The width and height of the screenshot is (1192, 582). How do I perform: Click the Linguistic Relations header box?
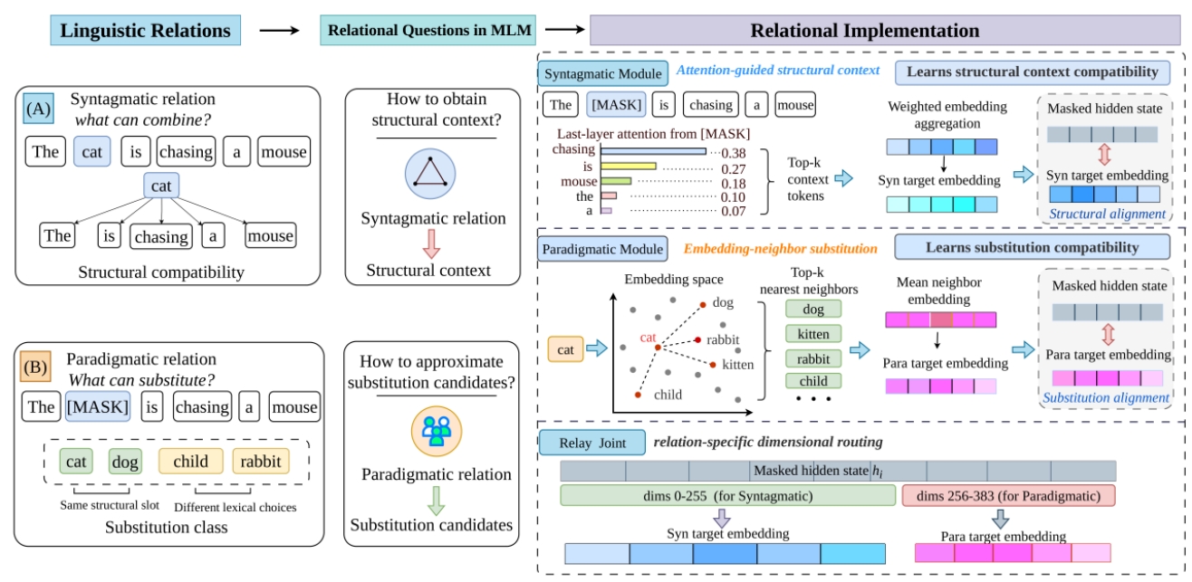click(x=145, y=31)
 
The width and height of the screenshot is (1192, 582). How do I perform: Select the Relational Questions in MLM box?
click(x=428, y=31)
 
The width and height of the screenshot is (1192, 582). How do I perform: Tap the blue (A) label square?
click(x=38, y=109)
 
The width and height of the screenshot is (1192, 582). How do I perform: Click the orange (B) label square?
click(x=35, y=367)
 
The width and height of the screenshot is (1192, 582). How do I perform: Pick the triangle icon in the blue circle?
click(x=430, y=174)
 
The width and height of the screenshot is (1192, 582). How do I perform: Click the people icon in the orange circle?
click(x=437, y=431)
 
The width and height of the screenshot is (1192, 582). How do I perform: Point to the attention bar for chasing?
click(x=653, y=152)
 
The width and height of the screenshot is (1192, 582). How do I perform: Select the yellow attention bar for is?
click(x=629, y=167)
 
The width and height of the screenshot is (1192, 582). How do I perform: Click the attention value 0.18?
click(x=734, y=184)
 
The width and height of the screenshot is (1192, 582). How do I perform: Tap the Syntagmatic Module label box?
click(x=603, y=73)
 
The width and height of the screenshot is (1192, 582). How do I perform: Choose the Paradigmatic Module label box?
click(x=602, y=249)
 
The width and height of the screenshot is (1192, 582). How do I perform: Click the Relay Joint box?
click(x=592, y=443)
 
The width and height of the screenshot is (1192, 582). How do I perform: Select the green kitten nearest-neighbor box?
click(x=813, y=334)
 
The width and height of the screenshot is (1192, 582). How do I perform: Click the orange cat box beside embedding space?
click(x=565, y=349)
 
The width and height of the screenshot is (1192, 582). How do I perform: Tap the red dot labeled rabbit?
click(x=697, y=340)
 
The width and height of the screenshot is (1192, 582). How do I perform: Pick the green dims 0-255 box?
click(x=727, y=496)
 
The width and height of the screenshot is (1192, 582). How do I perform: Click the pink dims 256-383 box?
click(x=1008, y=496)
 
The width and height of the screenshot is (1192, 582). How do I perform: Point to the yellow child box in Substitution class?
click(x=190, y=462)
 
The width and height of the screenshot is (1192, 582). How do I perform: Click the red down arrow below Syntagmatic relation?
click(x=431, y=244)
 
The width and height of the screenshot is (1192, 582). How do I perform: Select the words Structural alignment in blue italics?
click(x=1107, y=214)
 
